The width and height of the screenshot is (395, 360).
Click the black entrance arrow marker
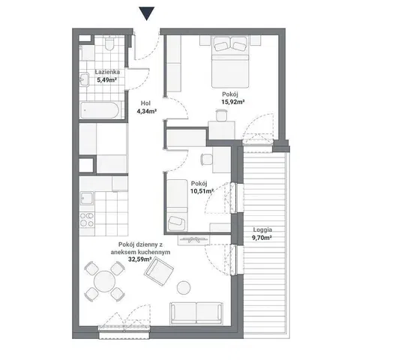tap(146, 13)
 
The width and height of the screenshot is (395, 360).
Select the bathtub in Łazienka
tap(100, 110)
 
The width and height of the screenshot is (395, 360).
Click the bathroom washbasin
tap(84, 79)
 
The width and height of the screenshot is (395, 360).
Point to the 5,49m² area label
tap(106, 80)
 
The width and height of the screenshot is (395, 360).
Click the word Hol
tap(145, 103)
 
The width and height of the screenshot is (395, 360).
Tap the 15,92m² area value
tap(233, 102)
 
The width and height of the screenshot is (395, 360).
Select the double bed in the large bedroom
tap(230, 62)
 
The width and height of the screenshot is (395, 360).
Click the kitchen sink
tap(87, 198)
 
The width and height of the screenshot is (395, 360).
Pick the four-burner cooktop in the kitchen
tap(87, 220)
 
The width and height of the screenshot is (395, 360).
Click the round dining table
tap(104, 281)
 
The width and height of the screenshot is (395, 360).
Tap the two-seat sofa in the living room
tap(196, 313)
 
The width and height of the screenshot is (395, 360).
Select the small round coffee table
tap(184, 288)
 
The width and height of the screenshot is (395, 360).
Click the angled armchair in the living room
tap(159, 271)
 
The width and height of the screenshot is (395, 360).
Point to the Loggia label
tap(262, 230)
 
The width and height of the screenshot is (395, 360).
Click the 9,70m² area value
tap(262, 238)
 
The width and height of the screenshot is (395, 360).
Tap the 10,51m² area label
tap(202, 191)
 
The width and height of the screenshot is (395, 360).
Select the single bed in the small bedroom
tap(178, 205)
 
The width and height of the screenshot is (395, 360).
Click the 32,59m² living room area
tap(140, 259)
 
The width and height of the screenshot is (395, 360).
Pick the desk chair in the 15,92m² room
tap(221, 115)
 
